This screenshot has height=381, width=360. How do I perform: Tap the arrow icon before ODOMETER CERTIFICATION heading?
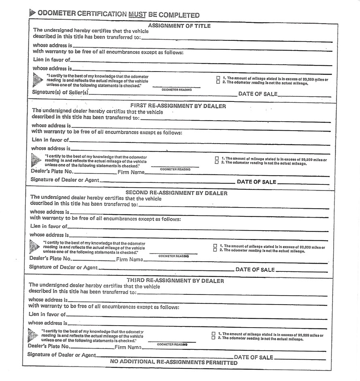[32, 13]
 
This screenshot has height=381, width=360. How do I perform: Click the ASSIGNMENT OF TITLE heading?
[179, 26]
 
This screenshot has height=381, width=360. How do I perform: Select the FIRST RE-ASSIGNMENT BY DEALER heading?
[178, 106]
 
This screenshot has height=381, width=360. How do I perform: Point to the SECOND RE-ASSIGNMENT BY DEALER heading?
[177, 193]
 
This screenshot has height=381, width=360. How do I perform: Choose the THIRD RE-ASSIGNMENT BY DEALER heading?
[175, 280]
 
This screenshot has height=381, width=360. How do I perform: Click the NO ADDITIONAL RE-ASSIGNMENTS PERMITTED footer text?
[174, 362]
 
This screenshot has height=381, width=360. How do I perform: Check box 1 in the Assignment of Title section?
[218, 78]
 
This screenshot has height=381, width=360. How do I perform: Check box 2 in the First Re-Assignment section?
[217, 163]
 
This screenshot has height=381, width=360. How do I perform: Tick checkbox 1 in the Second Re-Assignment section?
[215, 246]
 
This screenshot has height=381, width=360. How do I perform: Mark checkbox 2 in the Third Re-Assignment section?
[213, 338]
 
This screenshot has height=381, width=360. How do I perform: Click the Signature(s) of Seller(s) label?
[60, 93]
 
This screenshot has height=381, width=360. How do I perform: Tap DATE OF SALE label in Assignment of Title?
[258, 94]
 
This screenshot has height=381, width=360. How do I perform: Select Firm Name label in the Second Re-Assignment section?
[130, 259]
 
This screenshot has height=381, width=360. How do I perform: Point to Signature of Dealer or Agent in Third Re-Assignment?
[62, 355]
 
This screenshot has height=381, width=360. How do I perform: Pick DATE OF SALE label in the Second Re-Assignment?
[255, 270]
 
